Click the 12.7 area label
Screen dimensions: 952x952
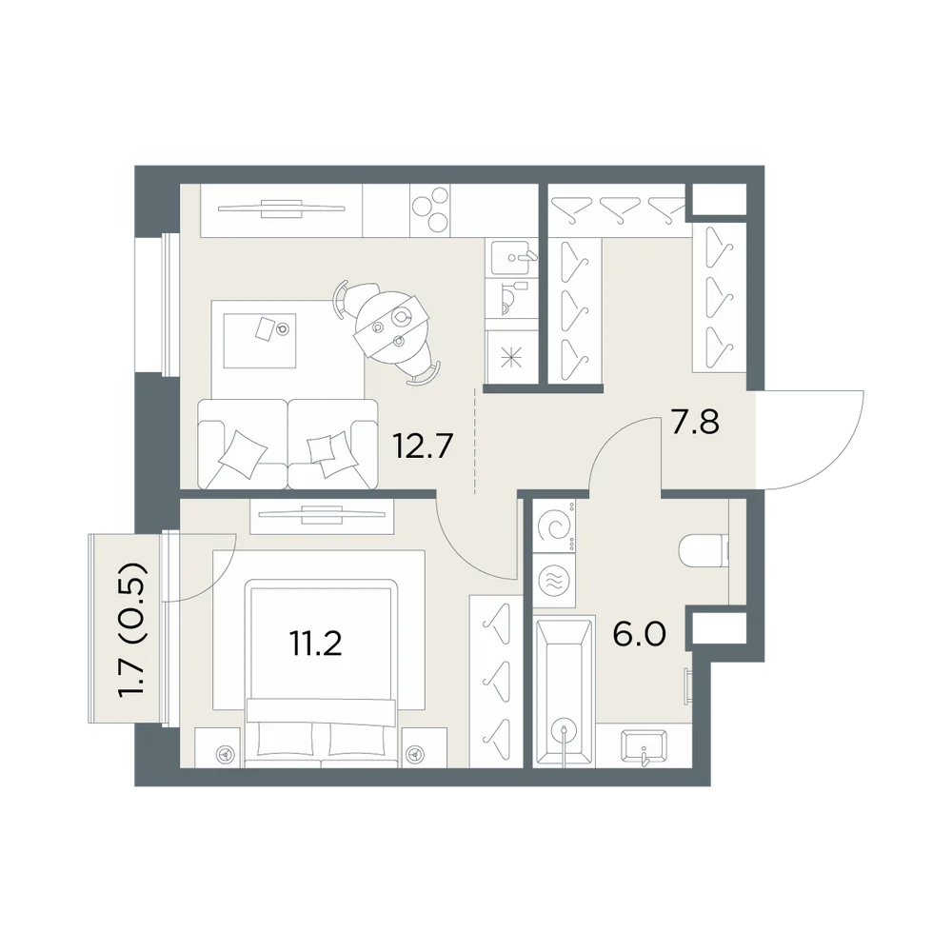point(424,447)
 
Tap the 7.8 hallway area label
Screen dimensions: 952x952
point(695,422)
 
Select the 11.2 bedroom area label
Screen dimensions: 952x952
point(316,644)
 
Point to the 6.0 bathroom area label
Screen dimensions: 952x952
point(640,634)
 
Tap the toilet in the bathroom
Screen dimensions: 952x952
point(704,550)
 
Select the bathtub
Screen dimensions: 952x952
point(563,691)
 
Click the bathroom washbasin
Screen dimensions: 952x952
point(644,746)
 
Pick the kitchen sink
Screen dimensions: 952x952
point(512,257)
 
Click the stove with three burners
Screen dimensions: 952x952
point(430,210)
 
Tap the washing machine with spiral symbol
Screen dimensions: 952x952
point(555,526)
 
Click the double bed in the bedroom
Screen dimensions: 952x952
point(322,673)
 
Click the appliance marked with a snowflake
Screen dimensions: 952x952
point(512,357)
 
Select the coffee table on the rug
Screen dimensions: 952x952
point(260,341)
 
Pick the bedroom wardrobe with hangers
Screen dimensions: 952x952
point(496,681)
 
